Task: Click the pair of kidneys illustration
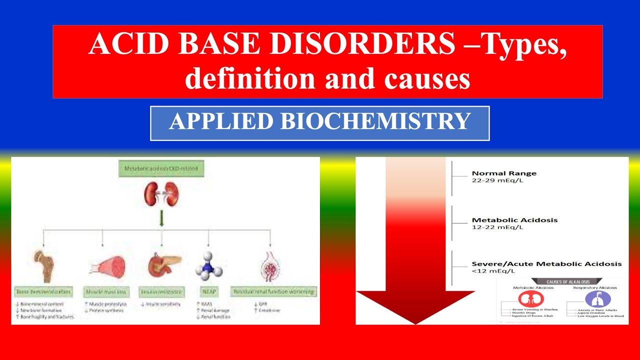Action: point(161,194)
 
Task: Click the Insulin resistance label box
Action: point(162,291)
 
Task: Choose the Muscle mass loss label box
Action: point(106,291)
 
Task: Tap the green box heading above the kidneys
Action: point(161,168)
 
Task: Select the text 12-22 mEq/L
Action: point(497,227)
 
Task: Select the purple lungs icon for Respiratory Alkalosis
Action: point(594,299)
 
